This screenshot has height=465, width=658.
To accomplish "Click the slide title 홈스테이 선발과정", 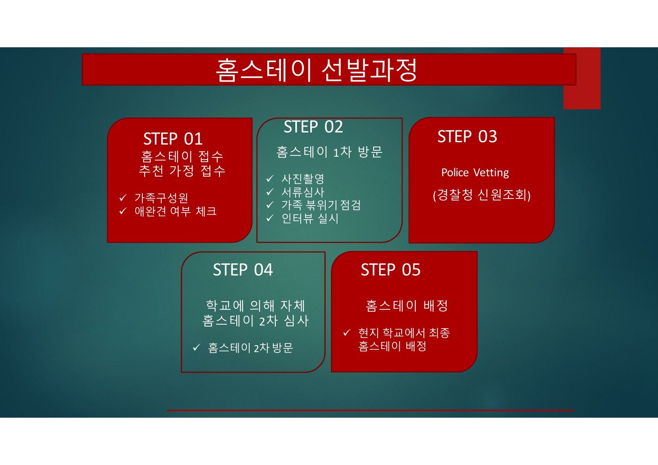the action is (x=316, y=70).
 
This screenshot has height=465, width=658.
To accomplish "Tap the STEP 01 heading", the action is (x=173, y=139).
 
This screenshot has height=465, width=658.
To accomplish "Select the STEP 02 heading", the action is (x=313, y=127).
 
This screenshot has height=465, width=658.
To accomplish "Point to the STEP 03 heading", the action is (x=467, y=136).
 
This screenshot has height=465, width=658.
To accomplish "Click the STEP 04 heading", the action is (x=243, y=270).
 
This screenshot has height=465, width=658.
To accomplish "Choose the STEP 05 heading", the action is (x=391, y=270).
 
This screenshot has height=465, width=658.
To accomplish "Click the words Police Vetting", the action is (x=475, y=172).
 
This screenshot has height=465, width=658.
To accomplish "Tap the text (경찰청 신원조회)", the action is (x=482, y=195).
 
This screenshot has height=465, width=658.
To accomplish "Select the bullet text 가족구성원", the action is (x=161, y=198).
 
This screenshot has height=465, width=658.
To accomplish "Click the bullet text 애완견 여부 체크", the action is (x=176, y=211).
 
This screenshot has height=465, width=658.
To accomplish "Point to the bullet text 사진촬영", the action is (x=303, y=179).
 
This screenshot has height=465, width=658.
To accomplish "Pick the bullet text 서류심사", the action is (x=303, y=192).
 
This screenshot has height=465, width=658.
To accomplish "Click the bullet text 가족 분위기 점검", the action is (x=321, y=205).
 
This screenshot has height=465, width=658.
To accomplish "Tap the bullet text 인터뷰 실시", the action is (x=310, y=218).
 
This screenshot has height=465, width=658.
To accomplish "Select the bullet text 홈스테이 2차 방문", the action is (x=250, y=348).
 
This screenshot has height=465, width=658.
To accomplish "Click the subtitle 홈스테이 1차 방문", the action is (x=329, y=152).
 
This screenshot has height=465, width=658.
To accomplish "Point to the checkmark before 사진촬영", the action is (x=270, y=178).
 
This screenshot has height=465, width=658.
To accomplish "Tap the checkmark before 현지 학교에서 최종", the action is (x=347, y=333).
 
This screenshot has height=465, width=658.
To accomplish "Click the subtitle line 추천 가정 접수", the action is (x=182, y=171).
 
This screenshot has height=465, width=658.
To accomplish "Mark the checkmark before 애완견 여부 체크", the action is (x=123, y=211).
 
